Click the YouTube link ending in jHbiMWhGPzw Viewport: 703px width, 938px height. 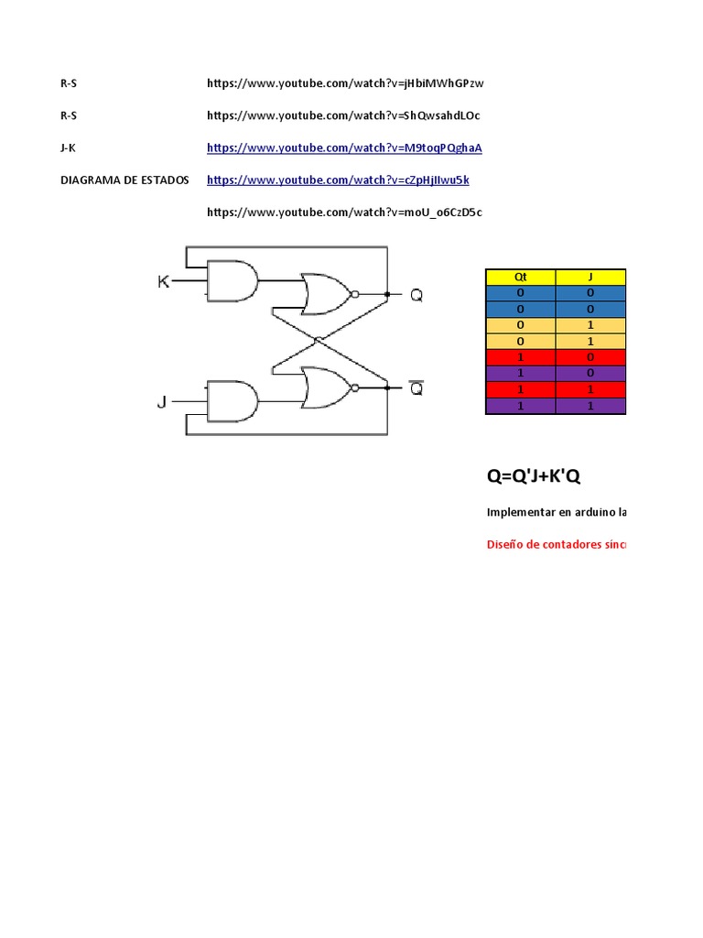[x=345, y=83]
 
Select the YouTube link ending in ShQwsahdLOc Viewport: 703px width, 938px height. [x=343, y=115]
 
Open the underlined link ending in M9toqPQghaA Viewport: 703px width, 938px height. [x=344, y=147]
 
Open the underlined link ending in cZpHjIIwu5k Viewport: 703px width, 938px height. [x=338, y=180]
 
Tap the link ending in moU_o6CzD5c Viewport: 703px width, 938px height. [x=344, y=212]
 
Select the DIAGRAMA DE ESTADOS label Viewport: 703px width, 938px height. [x=124, y=180]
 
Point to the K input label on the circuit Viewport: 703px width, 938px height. [x=164, y=281]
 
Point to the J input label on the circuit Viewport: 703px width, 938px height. [x=162, y=401]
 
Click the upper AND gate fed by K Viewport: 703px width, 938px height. [x=233, y=281]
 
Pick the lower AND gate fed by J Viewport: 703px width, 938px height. [x=233, y=401]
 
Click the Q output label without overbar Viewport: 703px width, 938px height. [x=416, y=295]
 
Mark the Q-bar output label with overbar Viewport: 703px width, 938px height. [x=416, y=388]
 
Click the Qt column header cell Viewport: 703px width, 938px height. [x=520, y=277]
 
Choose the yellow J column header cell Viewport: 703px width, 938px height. [x=591, y=277]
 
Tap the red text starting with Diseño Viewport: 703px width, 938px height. [x=557, y=545]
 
